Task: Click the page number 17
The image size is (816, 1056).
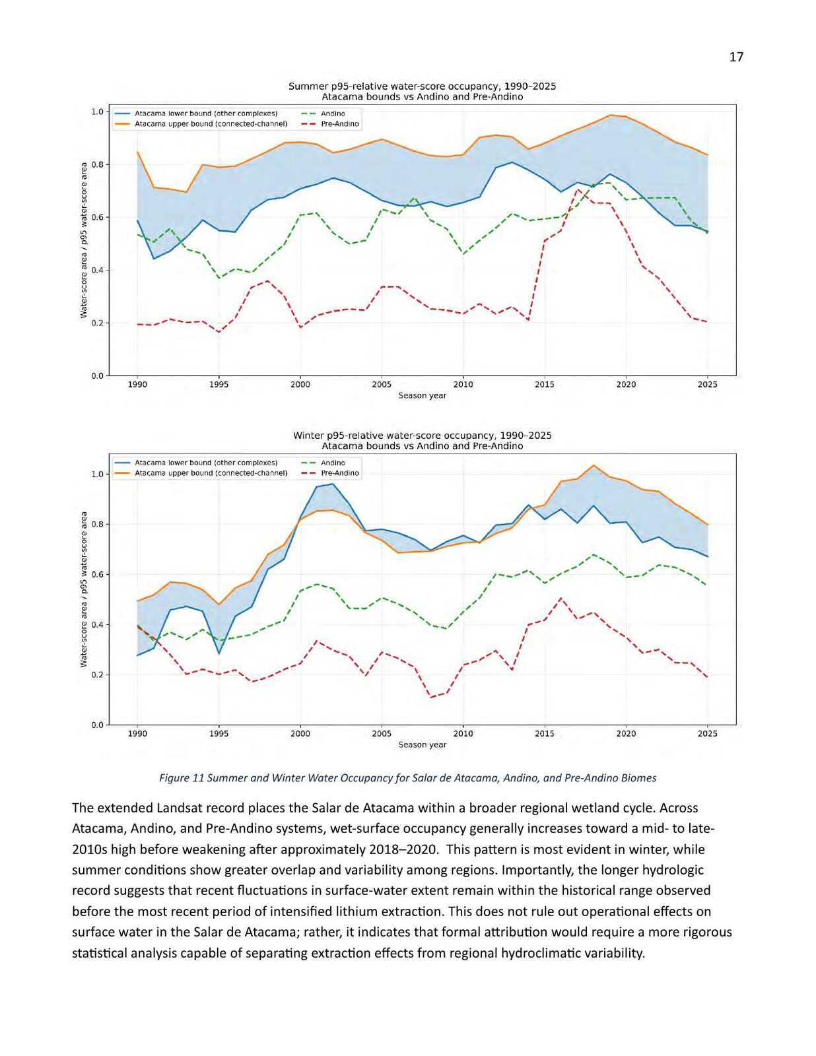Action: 736,57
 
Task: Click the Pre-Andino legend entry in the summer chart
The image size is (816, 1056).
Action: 331,124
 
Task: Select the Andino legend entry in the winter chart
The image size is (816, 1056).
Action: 323,463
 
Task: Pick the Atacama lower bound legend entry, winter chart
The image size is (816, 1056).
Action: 196,463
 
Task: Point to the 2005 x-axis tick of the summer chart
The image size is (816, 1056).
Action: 382,385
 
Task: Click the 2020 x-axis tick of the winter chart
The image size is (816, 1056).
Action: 626,734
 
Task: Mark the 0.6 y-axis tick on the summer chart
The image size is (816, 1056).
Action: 98,217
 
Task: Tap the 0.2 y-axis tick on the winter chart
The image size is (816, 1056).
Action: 98,675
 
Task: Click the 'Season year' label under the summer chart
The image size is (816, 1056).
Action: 422,395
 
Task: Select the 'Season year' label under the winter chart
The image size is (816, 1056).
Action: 422,744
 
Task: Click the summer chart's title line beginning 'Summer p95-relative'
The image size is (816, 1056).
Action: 422,86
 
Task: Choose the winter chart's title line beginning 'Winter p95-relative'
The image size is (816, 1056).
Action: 422,436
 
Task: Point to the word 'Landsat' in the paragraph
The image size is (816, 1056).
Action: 178,808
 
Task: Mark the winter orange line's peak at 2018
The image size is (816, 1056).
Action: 594,465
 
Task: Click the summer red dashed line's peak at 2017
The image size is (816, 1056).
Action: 577,189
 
